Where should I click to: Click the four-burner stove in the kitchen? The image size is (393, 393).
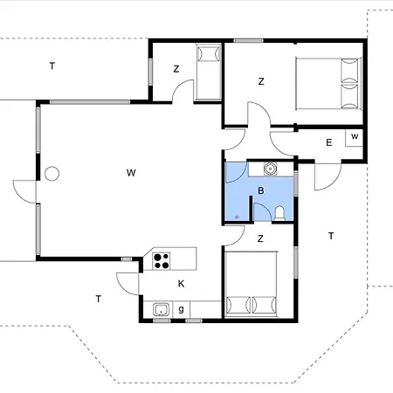(162, 261)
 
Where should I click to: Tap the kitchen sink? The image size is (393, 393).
(161, 310)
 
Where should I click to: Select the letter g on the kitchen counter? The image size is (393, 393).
(181, 309)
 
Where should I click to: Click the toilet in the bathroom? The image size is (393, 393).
(279, 213)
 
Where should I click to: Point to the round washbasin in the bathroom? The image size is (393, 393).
(271, 169)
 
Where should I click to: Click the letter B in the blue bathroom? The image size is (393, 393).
(261, 190)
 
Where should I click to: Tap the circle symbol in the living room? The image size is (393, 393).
(52, 174)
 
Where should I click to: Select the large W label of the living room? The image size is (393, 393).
(131, 173)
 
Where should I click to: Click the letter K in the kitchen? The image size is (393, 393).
(181, 284)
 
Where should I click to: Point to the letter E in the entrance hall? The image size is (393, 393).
(329, 142)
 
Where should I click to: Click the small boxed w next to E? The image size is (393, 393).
(355, 136)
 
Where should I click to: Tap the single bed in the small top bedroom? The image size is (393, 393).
(208, 72)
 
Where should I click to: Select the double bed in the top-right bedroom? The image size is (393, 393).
(328, 84)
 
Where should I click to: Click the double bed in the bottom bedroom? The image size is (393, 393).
(252, 284)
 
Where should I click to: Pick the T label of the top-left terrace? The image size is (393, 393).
(52, 66)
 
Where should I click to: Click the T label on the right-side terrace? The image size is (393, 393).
(331, 236)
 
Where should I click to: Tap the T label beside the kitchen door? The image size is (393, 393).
(99, 299)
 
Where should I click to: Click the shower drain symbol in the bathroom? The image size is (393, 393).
(237, 217)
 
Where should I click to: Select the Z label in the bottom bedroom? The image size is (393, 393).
(260, 238)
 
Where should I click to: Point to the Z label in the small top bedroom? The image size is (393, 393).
(176, 69)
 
